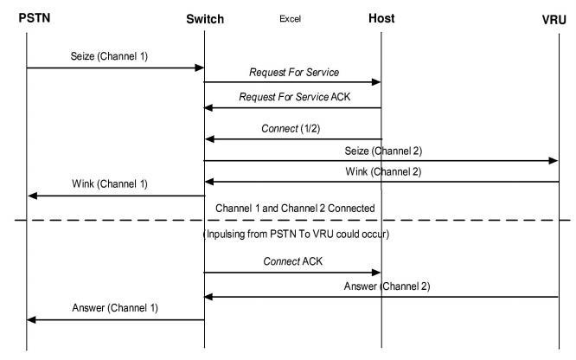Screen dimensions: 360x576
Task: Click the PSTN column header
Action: [x=28, y=18]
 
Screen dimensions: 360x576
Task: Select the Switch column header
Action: [x=204, y=18]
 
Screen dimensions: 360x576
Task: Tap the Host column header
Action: [x=381, y=18]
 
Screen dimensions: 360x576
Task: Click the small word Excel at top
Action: [x=290, y=18]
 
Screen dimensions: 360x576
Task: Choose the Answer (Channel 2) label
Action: [x=387, y=286]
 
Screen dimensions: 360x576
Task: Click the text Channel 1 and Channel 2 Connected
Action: [x=294, y=209]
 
